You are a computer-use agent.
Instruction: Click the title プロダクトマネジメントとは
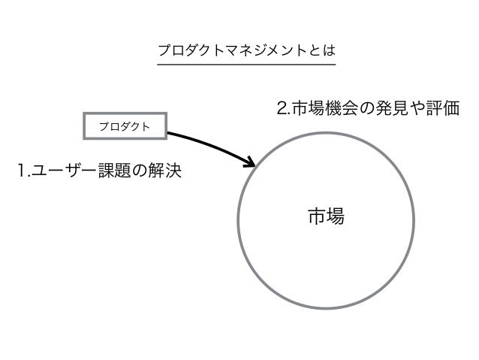point(246,51)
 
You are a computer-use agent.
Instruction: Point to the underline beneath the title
point(246,65)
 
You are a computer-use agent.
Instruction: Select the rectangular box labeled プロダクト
point(124,126)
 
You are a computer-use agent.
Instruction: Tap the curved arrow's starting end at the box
point(170,134)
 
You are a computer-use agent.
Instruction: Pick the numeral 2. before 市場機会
point(283,110)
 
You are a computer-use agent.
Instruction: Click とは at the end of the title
point(325,51)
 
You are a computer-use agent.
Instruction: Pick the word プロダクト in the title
point(188,51)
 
